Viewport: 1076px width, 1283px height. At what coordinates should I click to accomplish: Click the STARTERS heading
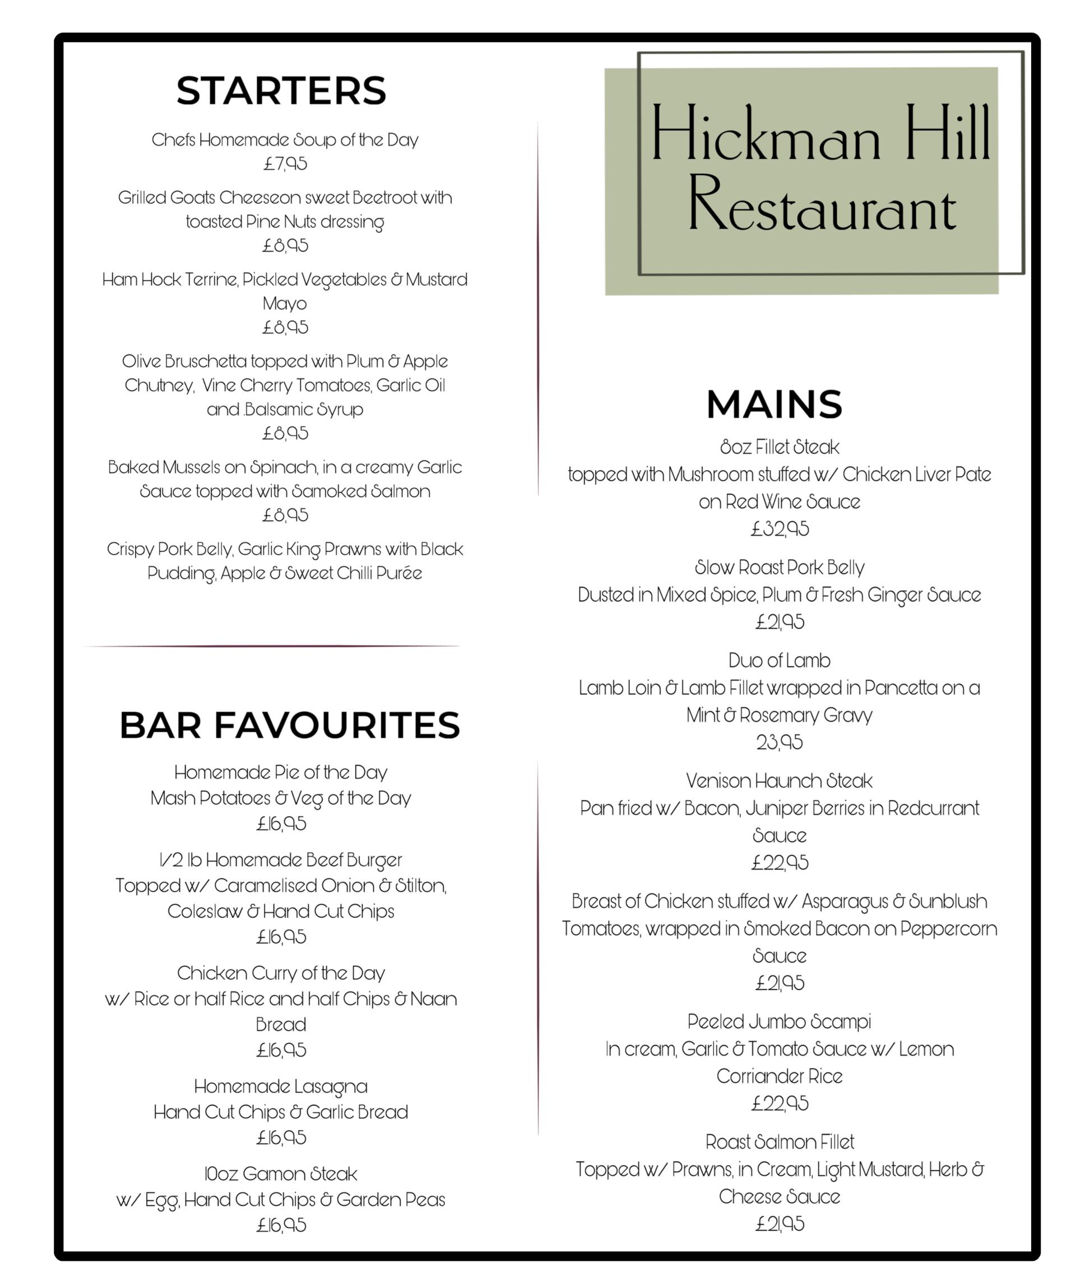281,91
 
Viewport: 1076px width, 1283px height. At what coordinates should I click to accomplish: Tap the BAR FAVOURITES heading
290,725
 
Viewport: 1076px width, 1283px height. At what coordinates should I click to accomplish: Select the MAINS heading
774,405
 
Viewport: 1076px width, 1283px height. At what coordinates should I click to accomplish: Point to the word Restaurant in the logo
822,203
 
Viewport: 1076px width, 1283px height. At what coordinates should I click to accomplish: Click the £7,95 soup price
285,164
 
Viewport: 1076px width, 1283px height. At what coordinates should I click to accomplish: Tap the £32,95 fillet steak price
780,528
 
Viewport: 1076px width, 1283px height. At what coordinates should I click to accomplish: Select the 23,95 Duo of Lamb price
780,742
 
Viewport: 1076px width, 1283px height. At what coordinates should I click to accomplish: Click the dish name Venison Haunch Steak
779,781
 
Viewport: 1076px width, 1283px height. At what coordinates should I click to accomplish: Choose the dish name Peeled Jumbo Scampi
779,1021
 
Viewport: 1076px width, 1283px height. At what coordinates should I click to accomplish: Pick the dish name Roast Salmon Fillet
780,1142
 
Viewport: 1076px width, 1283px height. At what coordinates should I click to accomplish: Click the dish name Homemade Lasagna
281,1086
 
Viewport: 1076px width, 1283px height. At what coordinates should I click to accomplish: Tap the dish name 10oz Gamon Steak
281,1174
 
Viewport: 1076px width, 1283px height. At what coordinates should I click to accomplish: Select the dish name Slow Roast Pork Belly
780,567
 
